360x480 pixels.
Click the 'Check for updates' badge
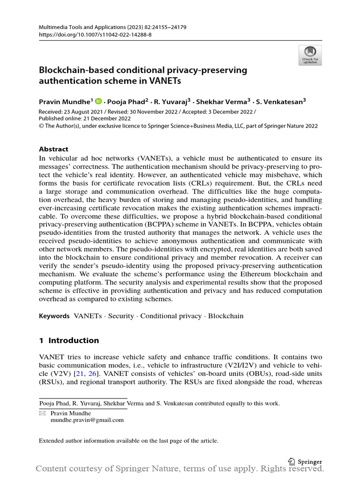310,55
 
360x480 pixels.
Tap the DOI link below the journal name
95,35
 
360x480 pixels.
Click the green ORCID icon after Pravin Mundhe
98,100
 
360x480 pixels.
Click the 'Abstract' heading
53,149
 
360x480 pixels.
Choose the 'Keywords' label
54,316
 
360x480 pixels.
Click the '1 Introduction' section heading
69,340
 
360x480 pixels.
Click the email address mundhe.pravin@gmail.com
87,420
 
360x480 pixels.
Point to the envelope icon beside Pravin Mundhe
42,413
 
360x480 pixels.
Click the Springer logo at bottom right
305,461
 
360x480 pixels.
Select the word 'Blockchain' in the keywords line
226,316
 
